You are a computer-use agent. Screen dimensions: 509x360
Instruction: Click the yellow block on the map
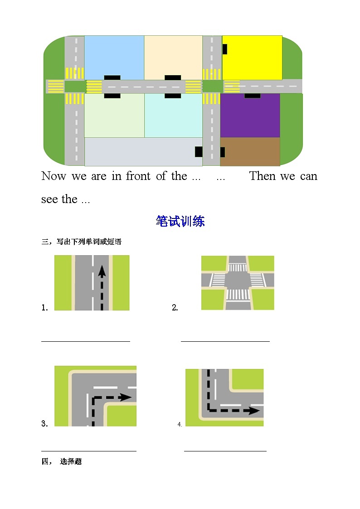click(252, 58)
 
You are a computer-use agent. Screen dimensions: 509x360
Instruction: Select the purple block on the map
click(250, 116)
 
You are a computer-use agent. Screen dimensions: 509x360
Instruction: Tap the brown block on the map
click(250, 151)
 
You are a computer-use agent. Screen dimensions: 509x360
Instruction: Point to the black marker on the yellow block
click(225, 49)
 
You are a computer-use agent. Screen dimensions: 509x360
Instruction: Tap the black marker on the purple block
click(253, 96)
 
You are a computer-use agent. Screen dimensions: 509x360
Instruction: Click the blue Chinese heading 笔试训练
click(180, 221)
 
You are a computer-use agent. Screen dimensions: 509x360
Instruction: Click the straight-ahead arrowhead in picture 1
click(102, 271)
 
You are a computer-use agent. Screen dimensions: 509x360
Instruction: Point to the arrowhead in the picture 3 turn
click(126, 398)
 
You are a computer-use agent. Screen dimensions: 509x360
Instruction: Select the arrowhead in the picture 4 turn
click(254, 411)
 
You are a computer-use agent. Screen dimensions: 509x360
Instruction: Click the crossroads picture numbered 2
click(238, 283)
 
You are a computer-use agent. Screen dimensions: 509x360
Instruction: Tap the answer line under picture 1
click(86, 341)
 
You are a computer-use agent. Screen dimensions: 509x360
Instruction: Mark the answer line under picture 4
click(225, 451)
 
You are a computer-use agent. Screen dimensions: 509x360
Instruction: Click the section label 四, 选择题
click(62, 462)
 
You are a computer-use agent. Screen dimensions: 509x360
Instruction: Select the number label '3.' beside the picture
click(44, 424)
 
